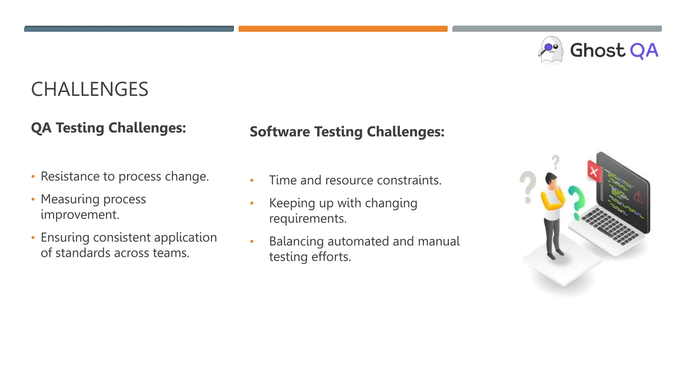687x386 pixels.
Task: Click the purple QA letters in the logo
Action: (644, 51)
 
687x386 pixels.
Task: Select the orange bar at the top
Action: (343, 29)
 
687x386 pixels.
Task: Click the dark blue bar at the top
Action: (129, 29)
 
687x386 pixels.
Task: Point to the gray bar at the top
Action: (557, 29)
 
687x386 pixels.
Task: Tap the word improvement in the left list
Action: (80, 215)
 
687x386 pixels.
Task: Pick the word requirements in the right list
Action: (308, 219)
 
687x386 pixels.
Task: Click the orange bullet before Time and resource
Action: (252, 181)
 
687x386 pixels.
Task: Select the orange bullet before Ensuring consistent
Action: (33, 238)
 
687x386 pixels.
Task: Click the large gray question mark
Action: (528, 186)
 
